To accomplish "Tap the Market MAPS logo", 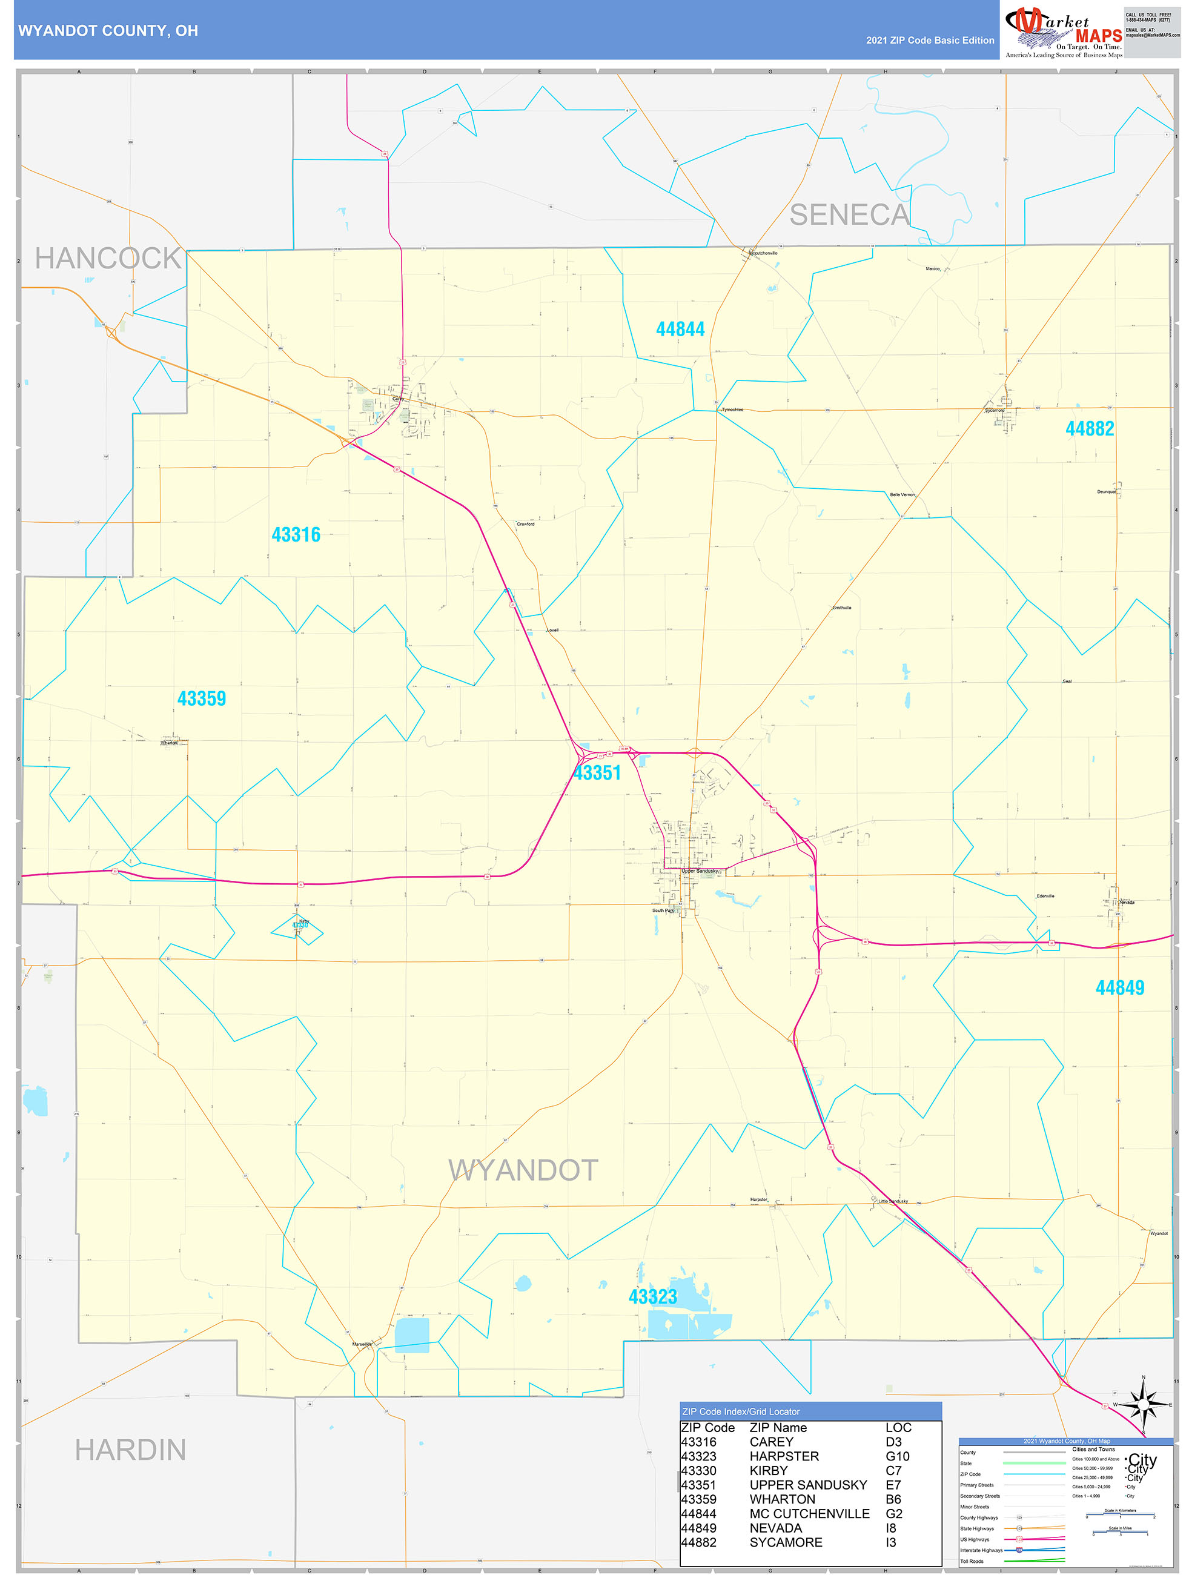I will (x=1063, y=33).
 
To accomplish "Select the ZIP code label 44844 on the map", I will (x=680, y=329).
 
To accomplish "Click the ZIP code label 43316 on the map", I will (x=296, y=535).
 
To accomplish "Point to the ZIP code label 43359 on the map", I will (x=202, y=698).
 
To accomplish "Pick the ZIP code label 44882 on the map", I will (x=1089, y=429).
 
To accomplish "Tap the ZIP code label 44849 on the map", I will (x=1119, y=987).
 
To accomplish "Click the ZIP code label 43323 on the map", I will (x=652, y=1296).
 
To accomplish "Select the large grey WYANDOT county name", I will (x=523, y=1170).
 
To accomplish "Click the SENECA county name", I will (x=849, y=215).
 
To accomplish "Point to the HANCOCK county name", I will (x=108, y=259).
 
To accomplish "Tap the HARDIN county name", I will (x=130, y=1450).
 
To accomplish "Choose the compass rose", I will (x=1144, y=1405).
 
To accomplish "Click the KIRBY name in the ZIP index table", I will (x=768, y=1470).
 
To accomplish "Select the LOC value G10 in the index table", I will (x=897, y=1456).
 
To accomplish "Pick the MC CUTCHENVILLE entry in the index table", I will (x=809, y=1514).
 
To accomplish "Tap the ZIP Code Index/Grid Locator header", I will (x=740, y=1411).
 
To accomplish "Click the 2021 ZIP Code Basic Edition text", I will (x=930, y=41).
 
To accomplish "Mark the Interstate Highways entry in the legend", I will (x=981, y=1550).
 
